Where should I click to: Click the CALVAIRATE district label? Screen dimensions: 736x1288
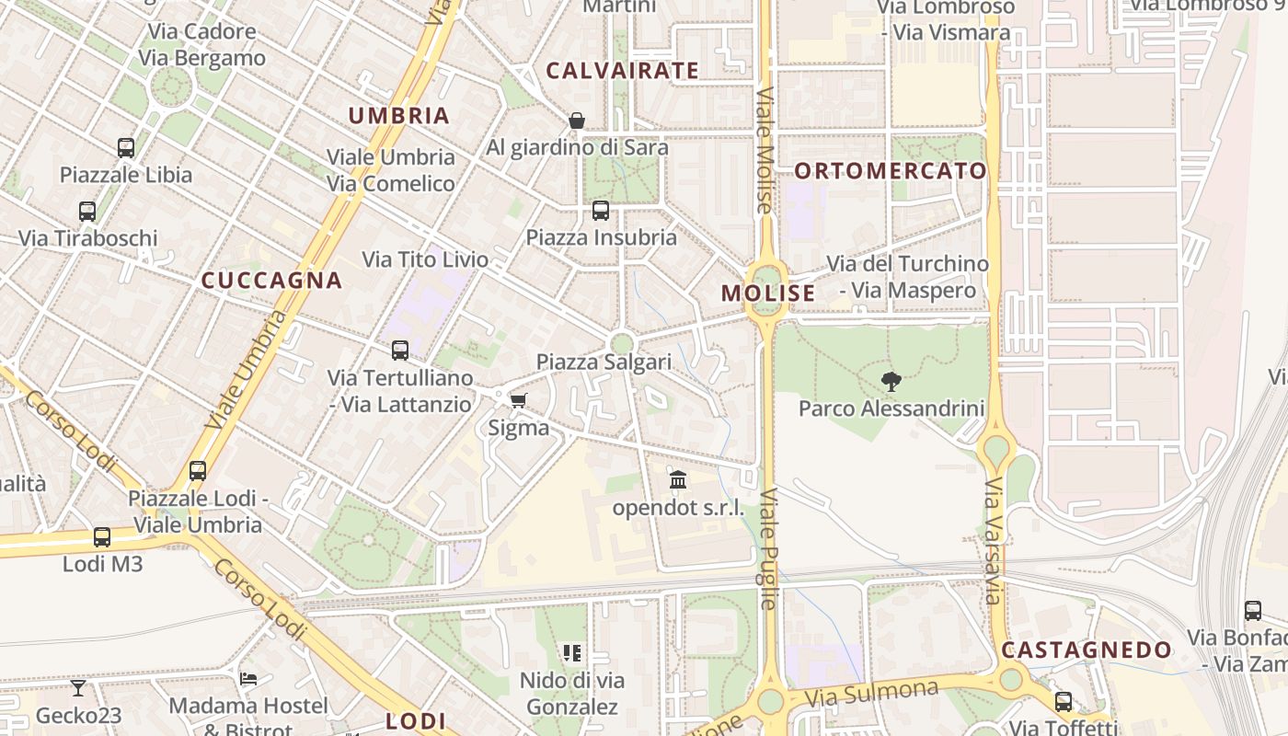(622, 71)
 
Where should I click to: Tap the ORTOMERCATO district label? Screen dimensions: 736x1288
(890, 171)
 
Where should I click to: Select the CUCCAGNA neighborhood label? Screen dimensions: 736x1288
(271, 281)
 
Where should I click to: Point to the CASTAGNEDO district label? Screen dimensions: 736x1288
(1087, 650)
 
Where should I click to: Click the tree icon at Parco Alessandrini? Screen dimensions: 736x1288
(891, 382)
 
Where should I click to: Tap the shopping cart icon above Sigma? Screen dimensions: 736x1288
(518, 400)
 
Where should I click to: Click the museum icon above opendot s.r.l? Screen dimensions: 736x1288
(678, 479)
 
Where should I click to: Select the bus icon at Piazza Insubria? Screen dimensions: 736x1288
(601, 211)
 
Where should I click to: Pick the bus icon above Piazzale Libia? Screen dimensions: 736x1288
(126, 147)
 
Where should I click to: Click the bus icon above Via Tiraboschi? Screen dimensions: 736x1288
(87, 212)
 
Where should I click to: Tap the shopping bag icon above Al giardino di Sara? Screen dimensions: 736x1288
(577, 121)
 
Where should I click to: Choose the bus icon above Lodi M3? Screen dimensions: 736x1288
(102, 536)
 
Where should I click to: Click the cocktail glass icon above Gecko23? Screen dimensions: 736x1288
(78, 687)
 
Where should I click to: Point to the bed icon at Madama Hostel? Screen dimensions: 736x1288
(247, 679)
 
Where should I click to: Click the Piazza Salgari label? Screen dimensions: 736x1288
(604, 362)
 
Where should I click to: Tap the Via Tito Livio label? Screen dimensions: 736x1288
(425, 260)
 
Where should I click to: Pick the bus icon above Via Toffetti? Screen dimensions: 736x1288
(1064, 702)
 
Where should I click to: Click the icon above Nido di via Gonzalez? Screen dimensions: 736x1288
(572, 653)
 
